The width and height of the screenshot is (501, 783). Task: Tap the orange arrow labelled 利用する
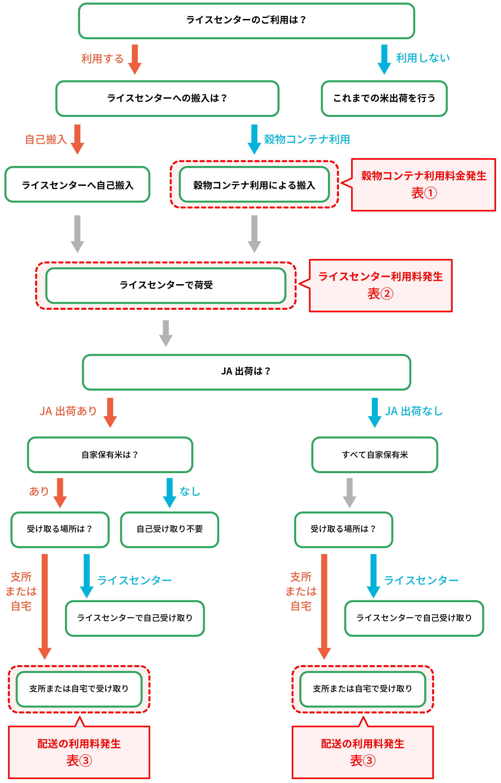click(135, 59)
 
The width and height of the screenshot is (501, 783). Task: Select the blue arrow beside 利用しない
click(384, 59)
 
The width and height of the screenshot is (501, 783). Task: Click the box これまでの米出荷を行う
click(384, 98)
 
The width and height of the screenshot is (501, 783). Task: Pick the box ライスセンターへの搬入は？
click(167, 98)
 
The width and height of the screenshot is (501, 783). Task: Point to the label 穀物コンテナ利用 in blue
click(307, 140)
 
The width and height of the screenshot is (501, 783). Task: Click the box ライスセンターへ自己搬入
click(77, 185)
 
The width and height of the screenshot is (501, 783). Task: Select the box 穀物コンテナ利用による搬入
click(254, 185)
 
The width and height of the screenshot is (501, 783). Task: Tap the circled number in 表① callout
click(430, 193)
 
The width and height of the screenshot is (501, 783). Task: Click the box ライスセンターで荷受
click(166, 285)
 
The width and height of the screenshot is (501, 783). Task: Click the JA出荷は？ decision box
click(246, 371)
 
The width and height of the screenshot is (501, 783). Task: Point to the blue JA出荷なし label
click(414, 411)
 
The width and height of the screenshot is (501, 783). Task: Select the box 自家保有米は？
click(110, 454)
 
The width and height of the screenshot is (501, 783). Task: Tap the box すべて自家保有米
click(374, 454)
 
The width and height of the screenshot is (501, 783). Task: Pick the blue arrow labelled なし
click(170, 492)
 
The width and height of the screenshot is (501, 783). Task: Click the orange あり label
click(39, 491)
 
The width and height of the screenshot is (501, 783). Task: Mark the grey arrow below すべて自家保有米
click(349, 492)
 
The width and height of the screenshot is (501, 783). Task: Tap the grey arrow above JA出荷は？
click(166, 333)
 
